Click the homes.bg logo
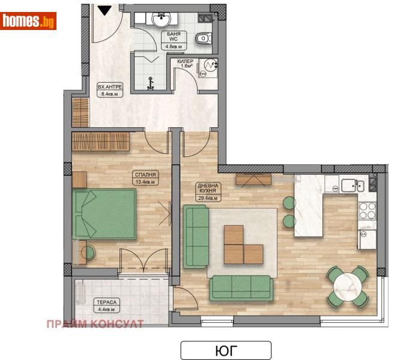(28, 21)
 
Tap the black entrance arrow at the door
(105, 10)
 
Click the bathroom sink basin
(161, 21)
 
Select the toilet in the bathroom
(204, 38)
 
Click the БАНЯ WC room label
(174, 40)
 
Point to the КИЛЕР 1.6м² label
(186, 64)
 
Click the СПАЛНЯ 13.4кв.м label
(145, 177)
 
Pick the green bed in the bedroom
(104, 214)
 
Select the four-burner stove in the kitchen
(367, 210)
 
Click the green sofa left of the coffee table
(195, 235)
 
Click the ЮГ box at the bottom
(226, 350)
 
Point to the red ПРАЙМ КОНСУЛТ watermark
(95, 325)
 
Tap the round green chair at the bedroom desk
(88, 253)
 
